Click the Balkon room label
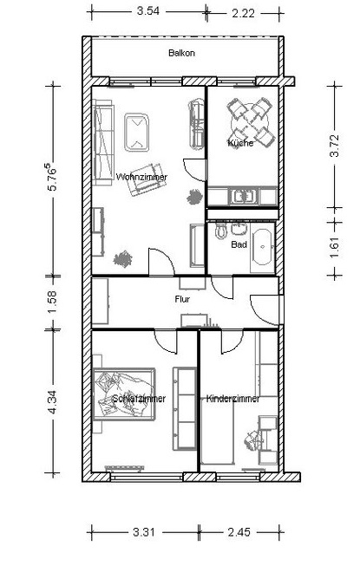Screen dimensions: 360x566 pos(181,53)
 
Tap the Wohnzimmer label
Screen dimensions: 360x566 pos(141,177)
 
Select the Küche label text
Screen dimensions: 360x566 pos(240,143)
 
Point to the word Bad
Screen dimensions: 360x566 pos(239,244)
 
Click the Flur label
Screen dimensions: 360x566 pos(182,299)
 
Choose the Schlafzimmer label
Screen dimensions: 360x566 pos(139,399)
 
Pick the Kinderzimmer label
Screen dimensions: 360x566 pos(232,399)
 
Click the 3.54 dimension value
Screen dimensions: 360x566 pos(148,10)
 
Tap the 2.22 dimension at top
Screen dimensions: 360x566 pos(244,13)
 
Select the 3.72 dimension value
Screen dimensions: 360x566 pos(335,146)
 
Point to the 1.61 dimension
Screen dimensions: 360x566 pos(335,248)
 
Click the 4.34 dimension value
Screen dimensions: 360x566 pos(52,402)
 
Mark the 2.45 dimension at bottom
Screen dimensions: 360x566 pos(239,531)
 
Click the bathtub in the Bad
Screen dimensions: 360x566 pos(262,247)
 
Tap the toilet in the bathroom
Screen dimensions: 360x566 pos(220,231)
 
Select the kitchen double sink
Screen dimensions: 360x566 pos(244,197)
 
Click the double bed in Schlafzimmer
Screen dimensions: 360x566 pos(124,394)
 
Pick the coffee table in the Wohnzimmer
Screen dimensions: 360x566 pos(137,132)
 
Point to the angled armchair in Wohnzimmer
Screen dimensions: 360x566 pos(146,179)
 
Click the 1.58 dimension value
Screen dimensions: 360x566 pos(52,303)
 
